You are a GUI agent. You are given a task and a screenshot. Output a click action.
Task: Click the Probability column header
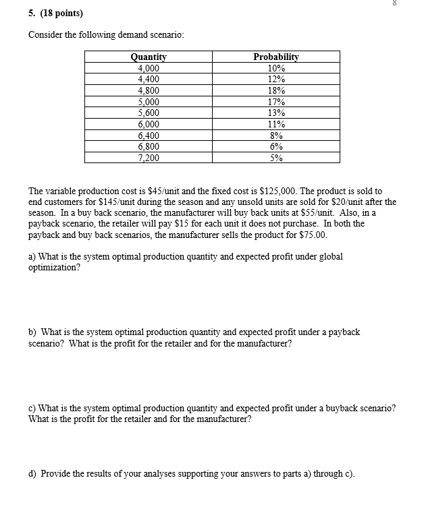click(275, 57)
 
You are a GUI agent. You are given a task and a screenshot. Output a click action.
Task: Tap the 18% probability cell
click(275, 90)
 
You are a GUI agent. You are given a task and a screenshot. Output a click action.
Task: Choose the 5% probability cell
click(275, 158)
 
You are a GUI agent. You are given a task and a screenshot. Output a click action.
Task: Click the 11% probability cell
click(275, 124)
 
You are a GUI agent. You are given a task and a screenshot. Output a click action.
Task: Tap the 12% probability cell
click(275, 80)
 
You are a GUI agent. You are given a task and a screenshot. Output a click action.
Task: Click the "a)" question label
click(32, 256)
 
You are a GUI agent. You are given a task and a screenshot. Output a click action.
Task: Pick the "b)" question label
click(32, 332)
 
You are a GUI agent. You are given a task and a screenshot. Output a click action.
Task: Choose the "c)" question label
click(32, 409)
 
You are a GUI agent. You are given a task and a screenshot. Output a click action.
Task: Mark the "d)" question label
click(32, 473)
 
